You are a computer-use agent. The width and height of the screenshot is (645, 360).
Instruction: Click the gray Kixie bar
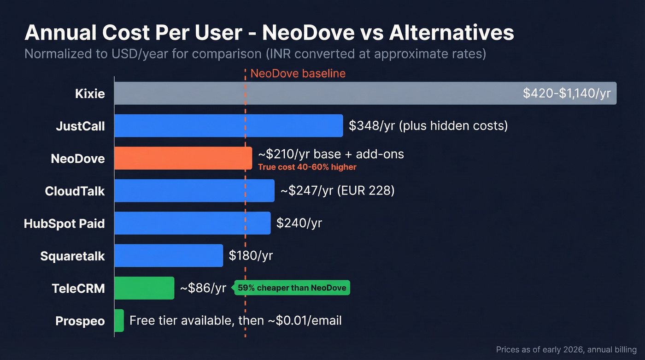[318, 94]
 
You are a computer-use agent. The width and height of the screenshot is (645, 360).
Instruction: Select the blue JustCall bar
[229, 126]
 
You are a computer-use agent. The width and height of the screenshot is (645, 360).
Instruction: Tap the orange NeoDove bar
[183, 159]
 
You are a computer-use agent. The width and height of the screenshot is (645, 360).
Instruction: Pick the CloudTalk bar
[194, 191]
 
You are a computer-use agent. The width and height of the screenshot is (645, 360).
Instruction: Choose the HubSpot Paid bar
[192, 224]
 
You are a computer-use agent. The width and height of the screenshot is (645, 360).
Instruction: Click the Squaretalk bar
[168, 256]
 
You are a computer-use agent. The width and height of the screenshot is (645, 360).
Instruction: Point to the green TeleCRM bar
[144, 288]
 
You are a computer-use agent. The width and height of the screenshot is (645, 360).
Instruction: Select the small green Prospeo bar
[119, 320]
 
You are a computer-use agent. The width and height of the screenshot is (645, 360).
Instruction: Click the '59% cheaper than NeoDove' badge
[292, 288]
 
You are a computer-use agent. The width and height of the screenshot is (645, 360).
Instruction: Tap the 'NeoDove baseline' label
[298, 73]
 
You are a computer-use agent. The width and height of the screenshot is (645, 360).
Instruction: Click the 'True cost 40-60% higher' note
[307, 167]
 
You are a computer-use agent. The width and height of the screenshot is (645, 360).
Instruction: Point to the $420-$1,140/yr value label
[567, 94]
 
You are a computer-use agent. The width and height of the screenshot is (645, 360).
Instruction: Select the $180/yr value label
[251, 256]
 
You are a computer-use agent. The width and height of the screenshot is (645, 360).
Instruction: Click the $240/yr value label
[299, 224]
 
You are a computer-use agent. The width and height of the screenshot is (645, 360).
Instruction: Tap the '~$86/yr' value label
[203, 288]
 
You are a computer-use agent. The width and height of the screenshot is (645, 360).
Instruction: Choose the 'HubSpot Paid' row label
[64, 224]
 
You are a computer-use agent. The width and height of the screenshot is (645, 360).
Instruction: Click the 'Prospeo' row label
[80, 321]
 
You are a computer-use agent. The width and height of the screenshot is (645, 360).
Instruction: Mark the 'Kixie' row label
[90, 94]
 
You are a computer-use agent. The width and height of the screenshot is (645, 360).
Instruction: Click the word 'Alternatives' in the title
[451, 33]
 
